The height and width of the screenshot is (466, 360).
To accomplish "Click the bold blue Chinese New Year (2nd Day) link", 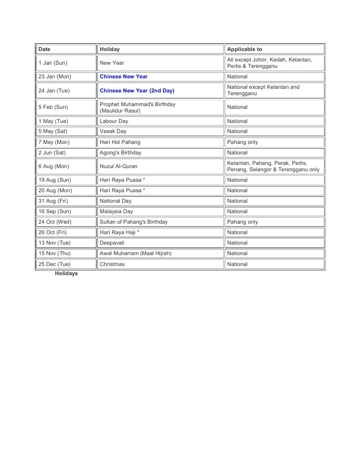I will (x=137, y=91).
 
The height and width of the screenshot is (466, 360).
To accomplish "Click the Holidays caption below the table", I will (x=66, y=273).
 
